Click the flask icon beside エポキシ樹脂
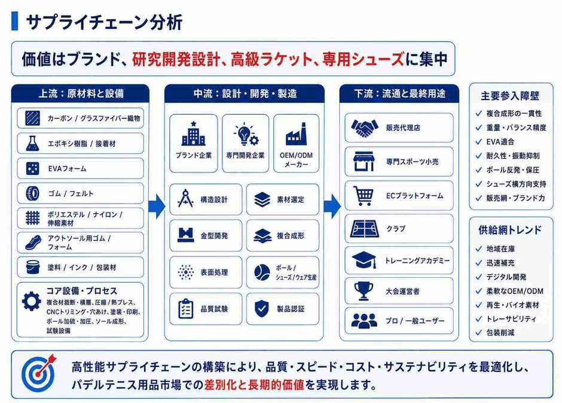pyautogui.click(x=33, y=143)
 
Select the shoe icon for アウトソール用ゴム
pyautogui.click(x=33, y=243)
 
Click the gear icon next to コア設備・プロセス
pyautogui.click(x=32, y=301)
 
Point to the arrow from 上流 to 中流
pyautogui.click(x=157, y=207)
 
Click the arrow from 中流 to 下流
pyautogui.click(x=332, y=207)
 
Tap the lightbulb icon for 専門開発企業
pyautogui.click(x=246, y=134)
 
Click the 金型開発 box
pyautogui.click(x=206, y=235)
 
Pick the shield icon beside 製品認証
pyautogui.click(x=262, y=308)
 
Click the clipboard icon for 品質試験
pyautogui.click(x=186, y=308)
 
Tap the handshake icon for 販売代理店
pyautogui.click(x=365, y=128)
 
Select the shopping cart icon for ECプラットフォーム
pyautogui.click(x=363, y=196)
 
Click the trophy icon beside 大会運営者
pyautogui.click(x=364, y=291)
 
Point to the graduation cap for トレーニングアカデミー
pyautogui.click(x=364, y=260)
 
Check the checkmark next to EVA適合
pyautogui.click(x=478, y=142)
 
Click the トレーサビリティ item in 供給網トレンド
pyautogui.click(x=511, y=319)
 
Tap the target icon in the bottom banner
pyautogui.click(x=39, y=373)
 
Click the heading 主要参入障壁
pyautogui.click(x=510, y=96)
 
